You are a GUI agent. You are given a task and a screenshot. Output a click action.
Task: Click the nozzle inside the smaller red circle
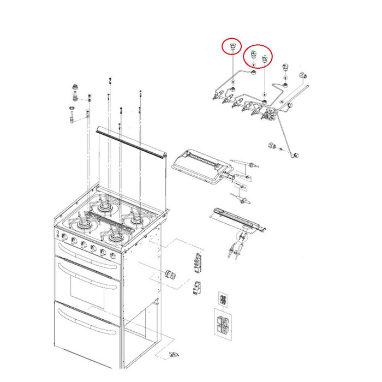coord(233,46)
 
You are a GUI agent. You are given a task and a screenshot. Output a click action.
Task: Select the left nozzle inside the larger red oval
coord(253,55)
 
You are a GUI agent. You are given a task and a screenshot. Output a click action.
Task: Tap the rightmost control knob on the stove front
coord(112,255)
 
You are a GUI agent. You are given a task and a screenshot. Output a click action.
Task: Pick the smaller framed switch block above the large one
coord(223,299)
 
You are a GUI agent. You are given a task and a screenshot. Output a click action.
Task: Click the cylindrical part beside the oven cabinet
coord(170,274)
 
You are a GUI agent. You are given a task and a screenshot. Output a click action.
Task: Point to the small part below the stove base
coord(174,356)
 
